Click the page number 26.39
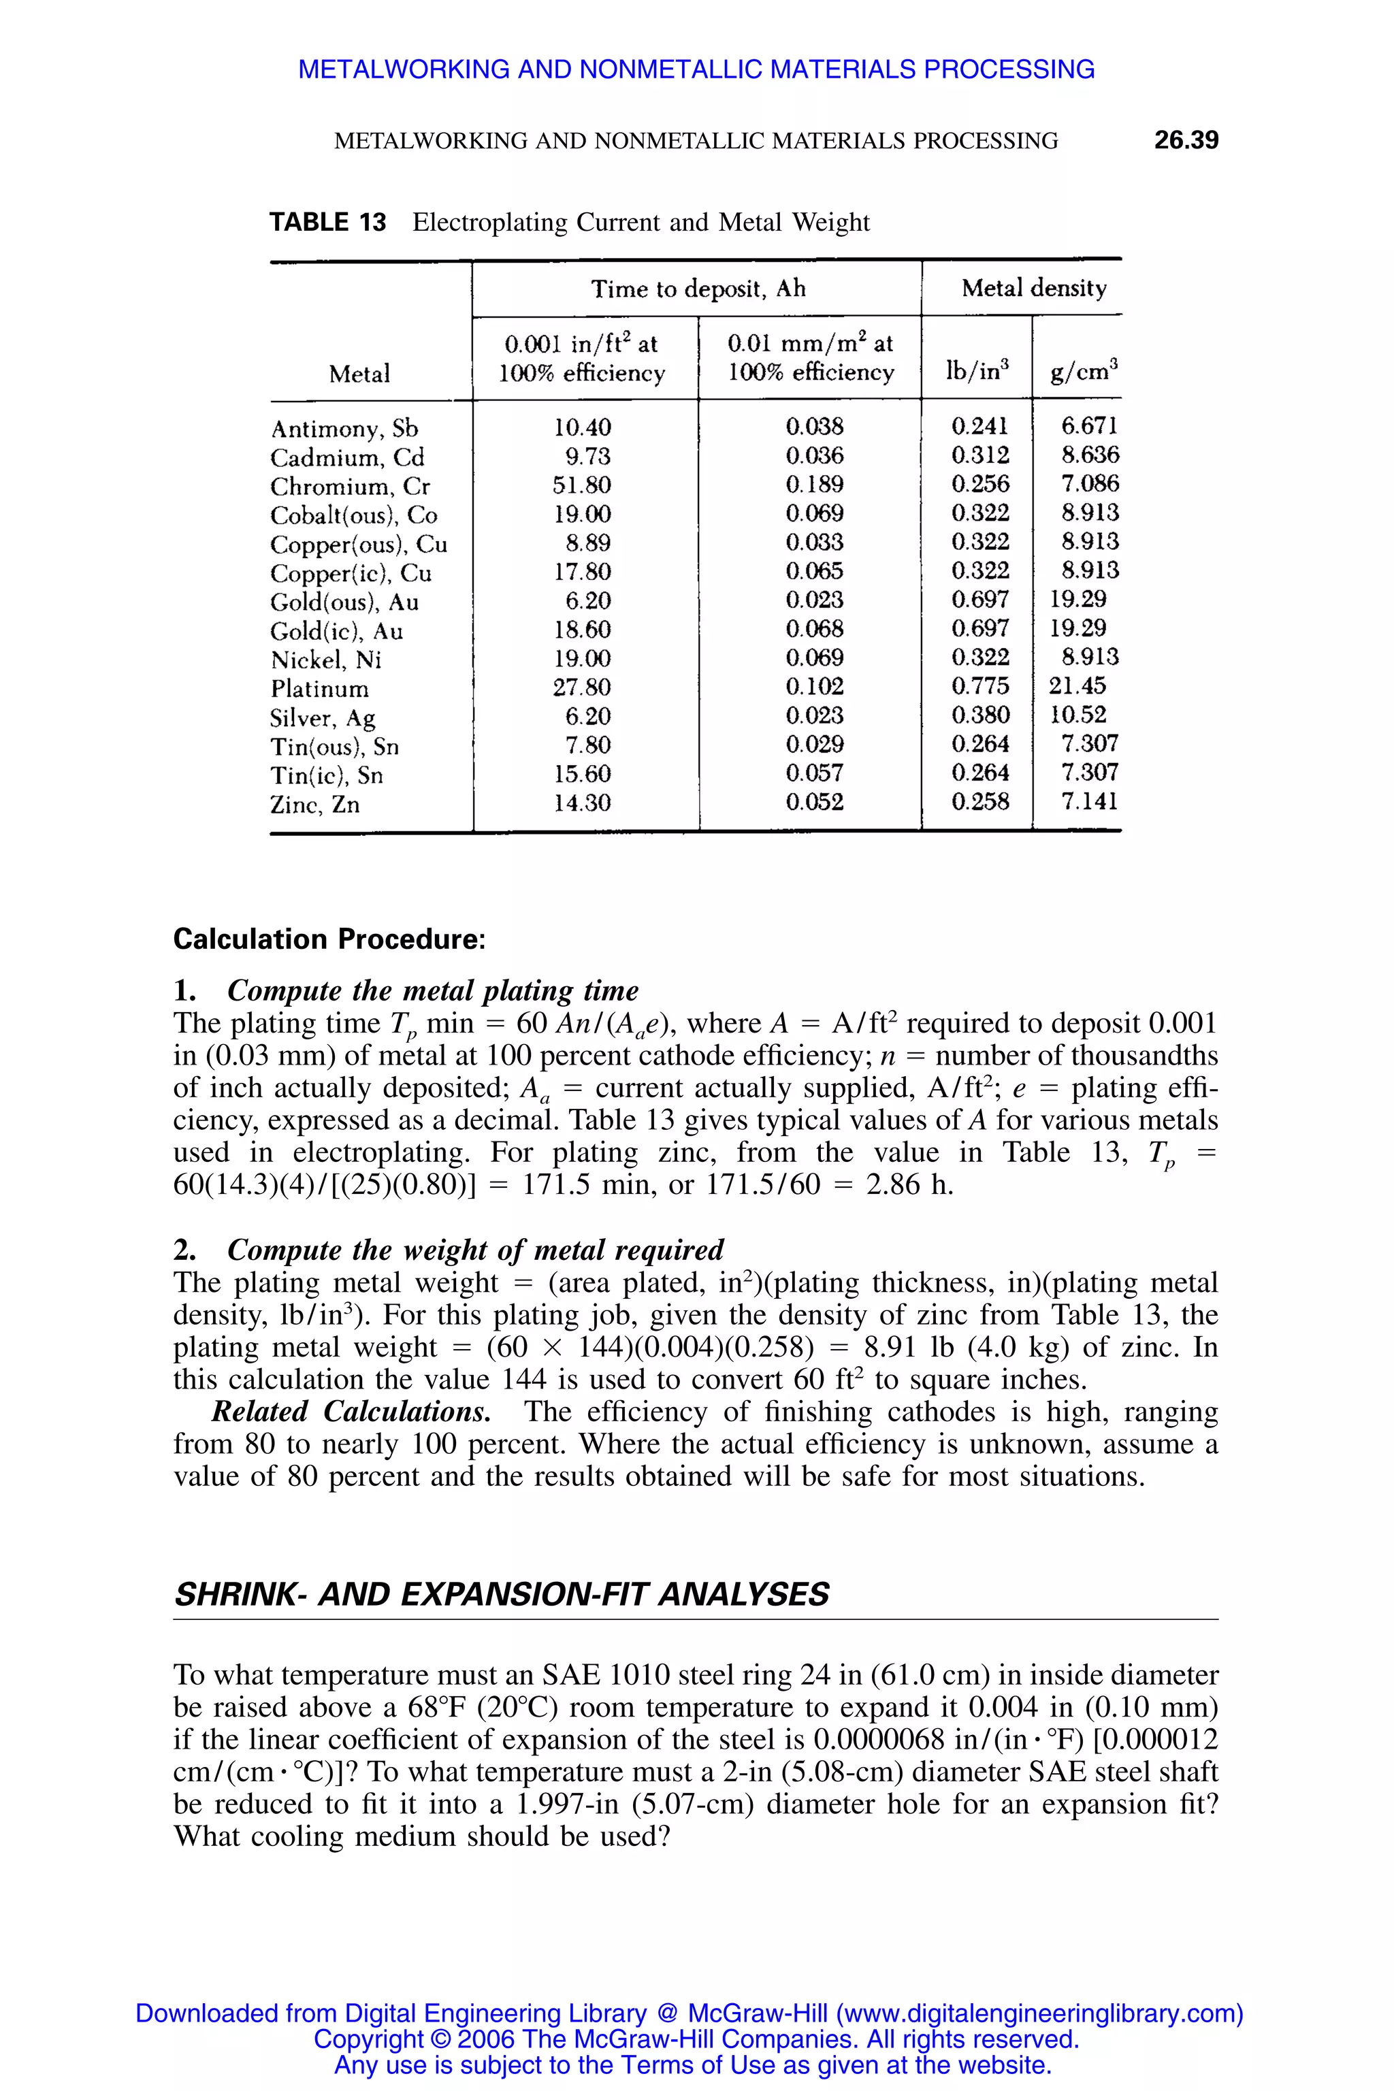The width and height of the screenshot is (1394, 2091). (1185, 140)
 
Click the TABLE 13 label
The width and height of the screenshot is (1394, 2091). (327, 223)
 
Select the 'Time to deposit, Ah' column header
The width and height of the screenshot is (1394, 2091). (698, 288)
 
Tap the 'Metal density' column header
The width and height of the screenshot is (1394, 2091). (1033, 288)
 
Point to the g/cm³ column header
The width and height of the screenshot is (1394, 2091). (1083, 371)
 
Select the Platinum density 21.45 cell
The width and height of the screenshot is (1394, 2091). (1077, 686)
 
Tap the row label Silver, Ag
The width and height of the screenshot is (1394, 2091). (323, 717)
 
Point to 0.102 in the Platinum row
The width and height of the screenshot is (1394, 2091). (814, 686)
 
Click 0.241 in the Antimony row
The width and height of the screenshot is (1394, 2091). (979, 427)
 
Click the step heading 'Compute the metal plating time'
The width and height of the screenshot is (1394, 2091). (432, 990)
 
